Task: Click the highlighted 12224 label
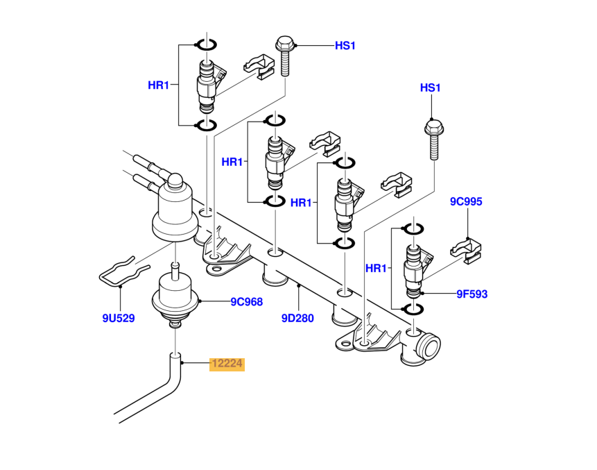click(227, 364)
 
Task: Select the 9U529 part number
click(119, 319)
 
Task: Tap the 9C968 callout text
click(247, 301)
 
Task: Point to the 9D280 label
click(297, 319)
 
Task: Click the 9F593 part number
click(471, 294)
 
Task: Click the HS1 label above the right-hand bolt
click(431, 88)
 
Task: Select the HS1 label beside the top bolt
click(345, 46)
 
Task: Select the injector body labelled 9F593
click(413, 268)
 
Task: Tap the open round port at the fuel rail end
click(431, 345)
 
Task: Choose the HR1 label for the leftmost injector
click(159, 85)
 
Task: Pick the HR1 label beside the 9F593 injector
click(375, 268)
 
